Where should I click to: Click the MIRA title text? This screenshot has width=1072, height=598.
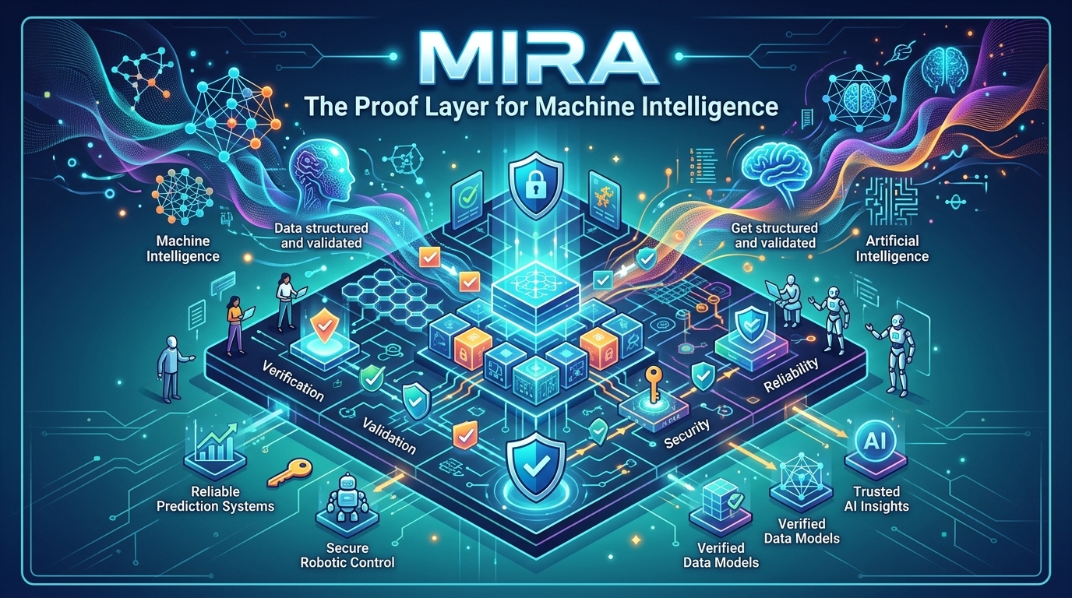tap(535, 57)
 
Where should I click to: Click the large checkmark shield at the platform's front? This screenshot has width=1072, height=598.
tap(535, 461)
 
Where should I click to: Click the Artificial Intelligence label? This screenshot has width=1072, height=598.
tap(892, 248)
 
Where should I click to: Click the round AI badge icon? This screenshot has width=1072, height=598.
tap(871, 441)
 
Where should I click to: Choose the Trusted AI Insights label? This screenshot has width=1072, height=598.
tap(876, 498)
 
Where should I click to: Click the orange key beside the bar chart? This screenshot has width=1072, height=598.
tap(289, 471)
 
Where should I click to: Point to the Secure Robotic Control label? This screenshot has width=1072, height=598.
tap(347, 554)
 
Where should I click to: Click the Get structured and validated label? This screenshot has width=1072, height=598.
tap(774, 235)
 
